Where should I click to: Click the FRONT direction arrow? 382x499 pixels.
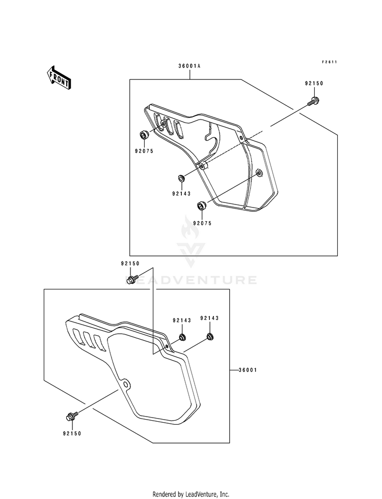pyautogui.click(x=59, y=78)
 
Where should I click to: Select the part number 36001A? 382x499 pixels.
pyautogui.click(x=189, y=66)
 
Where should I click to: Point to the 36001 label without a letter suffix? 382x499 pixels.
pyautogui.click(x=247, y=370)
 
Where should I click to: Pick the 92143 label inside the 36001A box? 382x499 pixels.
pyautogui.click(x=181, y=193)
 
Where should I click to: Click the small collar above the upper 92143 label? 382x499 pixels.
pyautogui.click(x=180, y=179)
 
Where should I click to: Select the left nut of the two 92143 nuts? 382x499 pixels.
pyautogui.click(x=182, y=337)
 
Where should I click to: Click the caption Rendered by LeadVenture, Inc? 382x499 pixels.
pyautogui.click(x=191, y=494)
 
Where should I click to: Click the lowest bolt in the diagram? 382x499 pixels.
pyautogui.click(x=71, y=417)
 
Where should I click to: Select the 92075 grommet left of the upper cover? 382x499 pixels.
pyautogui.click(x=144, y=135)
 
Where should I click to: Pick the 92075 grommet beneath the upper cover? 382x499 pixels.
pyautogui.click(x=201, y=206)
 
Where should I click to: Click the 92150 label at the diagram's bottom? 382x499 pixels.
pyautogui.click(x=72, y=434)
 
